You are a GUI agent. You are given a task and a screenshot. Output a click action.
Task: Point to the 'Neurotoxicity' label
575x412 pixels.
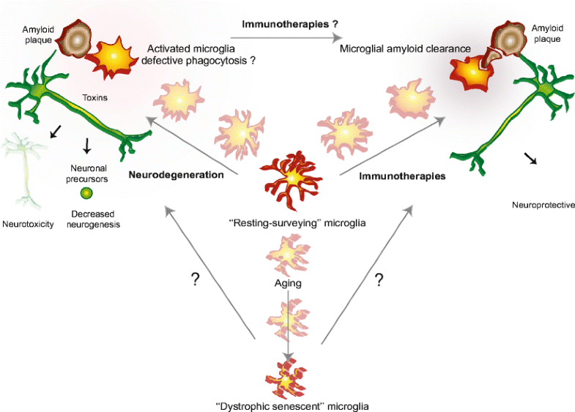pyautogui.click(x=28, y=225)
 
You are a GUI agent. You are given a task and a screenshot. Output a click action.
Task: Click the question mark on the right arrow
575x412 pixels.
pyautogui.click(x=379, y=280)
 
